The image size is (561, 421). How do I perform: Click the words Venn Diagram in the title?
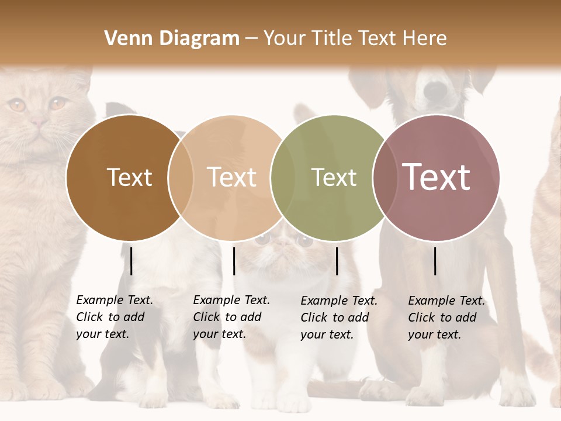pyautogui.click(x=172, y=39)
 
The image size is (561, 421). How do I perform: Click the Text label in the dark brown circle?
pyautogui.click(x=129, y=177)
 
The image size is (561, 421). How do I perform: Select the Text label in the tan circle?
pyautogui.click(x=232, y=177)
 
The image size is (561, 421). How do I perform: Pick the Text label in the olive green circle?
pyautogui.click(x=334, y=177)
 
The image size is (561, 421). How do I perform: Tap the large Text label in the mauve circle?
pyautogui.click(x=436, y=177)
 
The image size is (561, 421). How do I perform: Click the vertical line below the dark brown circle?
pyautogui.click(x=131, y=261)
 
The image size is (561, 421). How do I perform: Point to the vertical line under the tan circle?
pyautogui.click(x=234, y=261)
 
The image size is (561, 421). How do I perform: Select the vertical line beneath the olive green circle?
pyautogui.click(x=337, y=261)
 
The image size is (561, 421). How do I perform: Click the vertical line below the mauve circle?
pyautogui.click(x=435, y=261)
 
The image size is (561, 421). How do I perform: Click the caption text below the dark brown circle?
pyautogui.click(x=115, y=317)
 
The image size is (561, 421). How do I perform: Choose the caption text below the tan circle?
pyautogui.click(x=231, y=317)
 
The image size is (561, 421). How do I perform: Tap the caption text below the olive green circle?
pyautogui.click(x=339, y=318)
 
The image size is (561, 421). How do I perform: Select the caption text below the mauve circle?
pyautogui.click(x=446, y=318)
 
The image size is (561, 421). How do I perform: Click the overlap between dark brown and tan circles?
pyautogui.click(x=181, y=178)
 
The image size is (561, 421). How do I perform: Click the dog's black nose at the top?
pyautogui.click(x=435, y=90)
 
